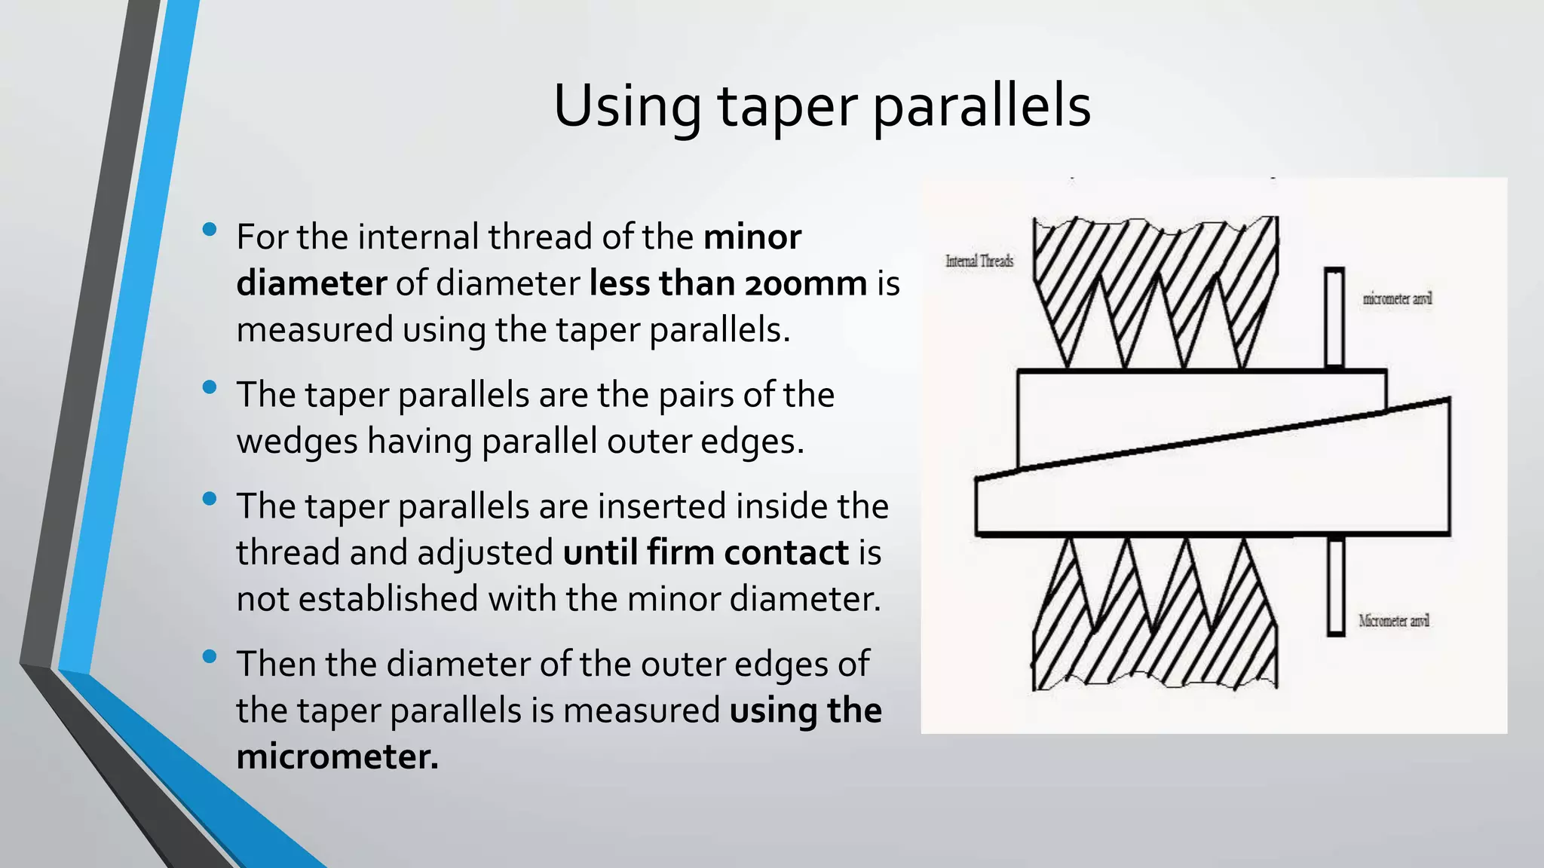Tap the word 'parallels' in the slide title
(982, 105)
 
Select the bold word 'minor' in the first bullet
(752, 237)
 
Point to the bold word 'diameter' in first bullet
(311, 284)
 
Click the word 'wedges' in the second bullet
(297, 442)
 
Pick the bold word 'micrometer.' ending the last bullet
(337, 756)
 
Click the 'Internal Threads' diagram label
(979, 261)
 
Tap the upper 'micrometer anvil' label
(1397, 299)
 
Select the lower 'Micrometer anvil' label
(1394, 621)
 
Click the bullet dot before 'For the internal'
(210, 229)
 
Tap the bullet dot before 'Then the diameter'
(210, 656)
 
